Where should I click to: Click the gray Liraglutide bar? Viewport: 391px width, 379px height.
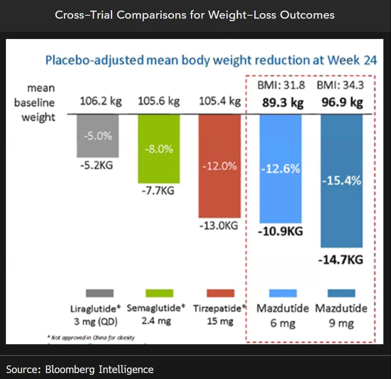click(98, 136)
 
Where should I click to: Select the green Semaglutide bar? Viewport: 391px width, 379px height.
click(159, 148)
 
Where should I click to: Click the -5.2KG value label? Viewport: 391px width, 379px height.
click(97, 165)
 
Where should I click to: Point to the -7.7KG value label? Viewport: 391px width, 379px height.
click(158, 191)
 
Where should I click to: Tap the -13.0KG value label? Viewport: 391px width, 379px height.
click(218, 226)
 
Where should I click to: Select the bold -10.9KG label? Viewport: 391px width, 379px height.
click(280, 231)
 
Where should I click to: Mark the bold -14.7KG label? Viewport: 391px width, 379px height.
click(341, 259)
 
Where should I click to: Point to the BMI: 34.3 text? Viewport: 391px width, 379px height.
click(340, 85)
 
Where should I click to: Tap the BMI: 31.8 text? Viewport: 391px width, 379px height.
click(281, 85)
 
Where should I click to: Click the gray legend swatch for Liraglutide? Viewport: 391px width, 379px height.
click(99, 293)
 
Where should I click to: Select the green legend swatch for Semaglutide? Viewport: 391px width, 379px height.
click(159, 293)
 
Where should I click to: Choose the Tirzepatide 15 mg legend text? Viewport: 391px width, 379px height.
click(220, 315)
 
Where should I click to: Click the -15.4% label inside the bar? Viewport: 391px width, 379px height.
click(341, 181)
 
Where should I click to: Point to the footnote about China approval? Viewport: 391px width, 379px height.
click(91, 337)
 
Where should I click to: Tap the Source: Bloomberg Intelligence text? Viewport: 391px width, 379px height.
click(80, 369)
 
